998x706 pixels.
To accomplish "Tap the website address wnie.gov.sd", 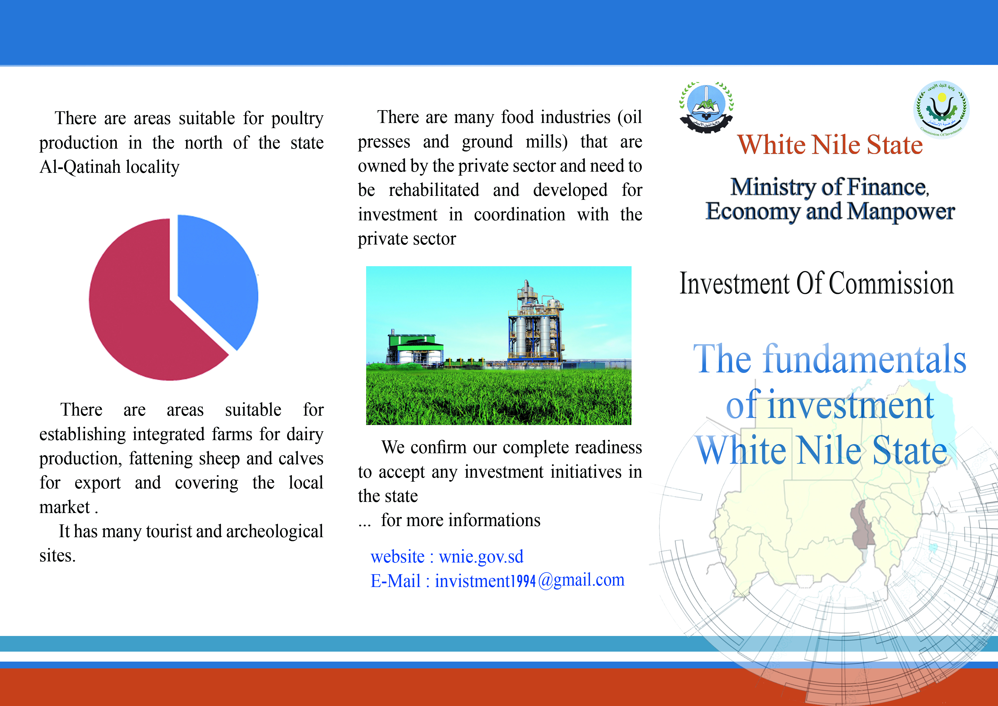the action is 481,557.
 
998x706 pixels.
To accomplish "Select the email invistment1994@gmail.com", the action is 529,581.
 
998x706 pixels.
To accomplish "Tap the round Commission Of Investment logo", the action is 941,109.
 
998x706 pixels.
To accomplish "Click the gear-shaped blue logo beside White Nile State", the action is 706,107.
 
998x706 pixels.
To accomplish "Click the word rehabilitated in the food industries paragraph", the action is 434,190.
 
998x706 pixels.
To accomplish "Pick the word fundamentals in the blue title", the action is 865,359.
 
